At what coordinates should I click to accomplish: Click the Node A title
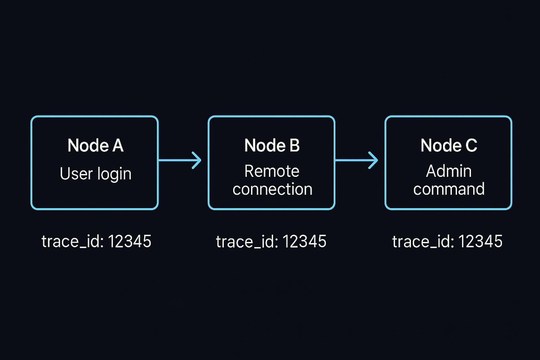(x=95, y=146)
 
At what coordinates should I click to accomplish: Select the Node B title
(x=272, y=146)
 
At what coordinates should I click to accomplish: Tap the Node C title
(x=449, y=146)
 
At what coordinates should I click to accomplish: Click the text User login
(x=95, y=174)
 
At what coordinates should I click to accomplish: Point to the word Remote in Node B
(x=272, y=171)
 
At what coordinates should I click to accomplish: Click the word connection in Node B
(x=272, y=189)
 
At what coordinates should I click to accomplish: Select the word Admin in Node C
(x=449, y=171)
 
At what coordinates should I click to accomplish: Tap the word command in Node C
(x=449, y=189)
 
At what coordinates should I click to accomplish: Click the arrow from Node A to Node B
(x=179, y=160)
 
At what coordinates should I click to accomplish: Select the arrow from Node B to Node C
(x=356, y=160)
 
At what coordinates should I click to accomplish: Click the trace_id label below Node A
(x=72, y=242)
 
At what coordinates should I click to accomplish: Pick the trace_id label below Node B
(x=247, y=242)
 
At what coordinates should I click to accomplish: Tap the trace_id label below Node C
(x=423, y=242)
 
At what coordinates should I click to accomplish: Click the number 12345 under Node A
(x=129, y=242)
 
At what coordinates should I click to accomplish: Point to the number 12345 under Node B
(x=304, y=242)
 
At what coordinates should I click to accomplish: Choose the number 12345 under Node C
(x=480, y=242)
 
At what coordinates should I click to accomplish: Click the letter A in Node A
(x=118, y=146)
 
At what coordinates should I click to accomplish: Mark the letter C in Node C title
(x=471, y=146)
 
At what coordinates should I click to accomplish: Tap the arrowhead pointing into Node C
(x=374, y=160)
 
